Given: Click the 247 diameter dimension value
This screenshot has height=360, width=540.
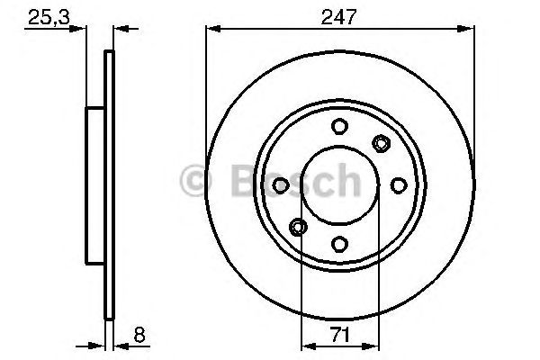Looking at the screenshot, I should tap(340, 14).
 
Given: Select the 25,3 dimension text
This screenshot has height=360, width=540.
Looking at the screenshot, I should tap(44, 14).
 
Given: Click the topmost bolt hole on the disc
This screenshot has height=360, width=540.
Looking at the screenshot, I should tap(339, 127).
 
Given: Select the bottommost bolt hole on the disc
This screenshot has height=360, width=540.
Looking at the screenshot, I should tap(339, 242).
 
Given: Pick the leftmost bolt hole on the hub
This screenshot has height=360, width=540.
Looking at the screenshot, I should tap(282, 184).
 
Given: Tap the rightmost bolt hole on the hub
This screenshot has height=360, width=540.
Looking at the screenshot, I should tap(397, 184).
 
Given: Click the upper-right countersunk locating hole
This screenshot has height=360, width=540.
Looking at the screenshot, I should tap(381, 143).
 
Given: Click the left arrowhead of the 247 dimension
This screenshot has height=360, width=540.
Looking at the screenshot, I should tap(213, 29).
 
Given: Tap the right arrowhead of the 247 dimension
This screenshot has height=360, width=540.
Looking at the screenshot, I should tap(468, 29).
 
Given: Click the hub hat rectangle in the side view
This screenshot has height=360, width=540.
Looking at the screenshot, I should tap(95, 184).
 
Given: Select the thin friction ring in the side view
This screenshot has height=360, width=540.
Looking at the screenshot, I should tap(110, 184).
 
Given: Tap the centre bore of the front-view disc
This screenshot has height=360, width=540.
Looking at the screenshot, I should tap(339, 184).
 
